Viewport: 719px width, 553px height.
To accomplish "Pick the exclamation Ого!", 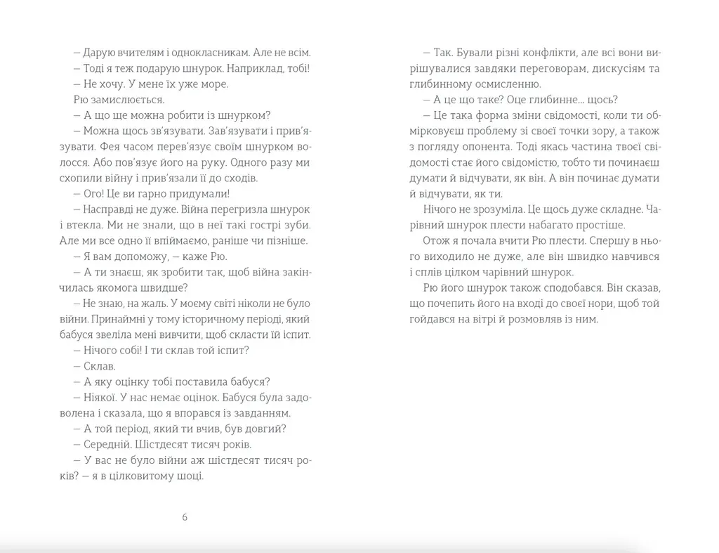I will [95, 194].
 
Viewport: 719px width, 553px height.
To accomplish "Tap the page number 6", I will [185, 518].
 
